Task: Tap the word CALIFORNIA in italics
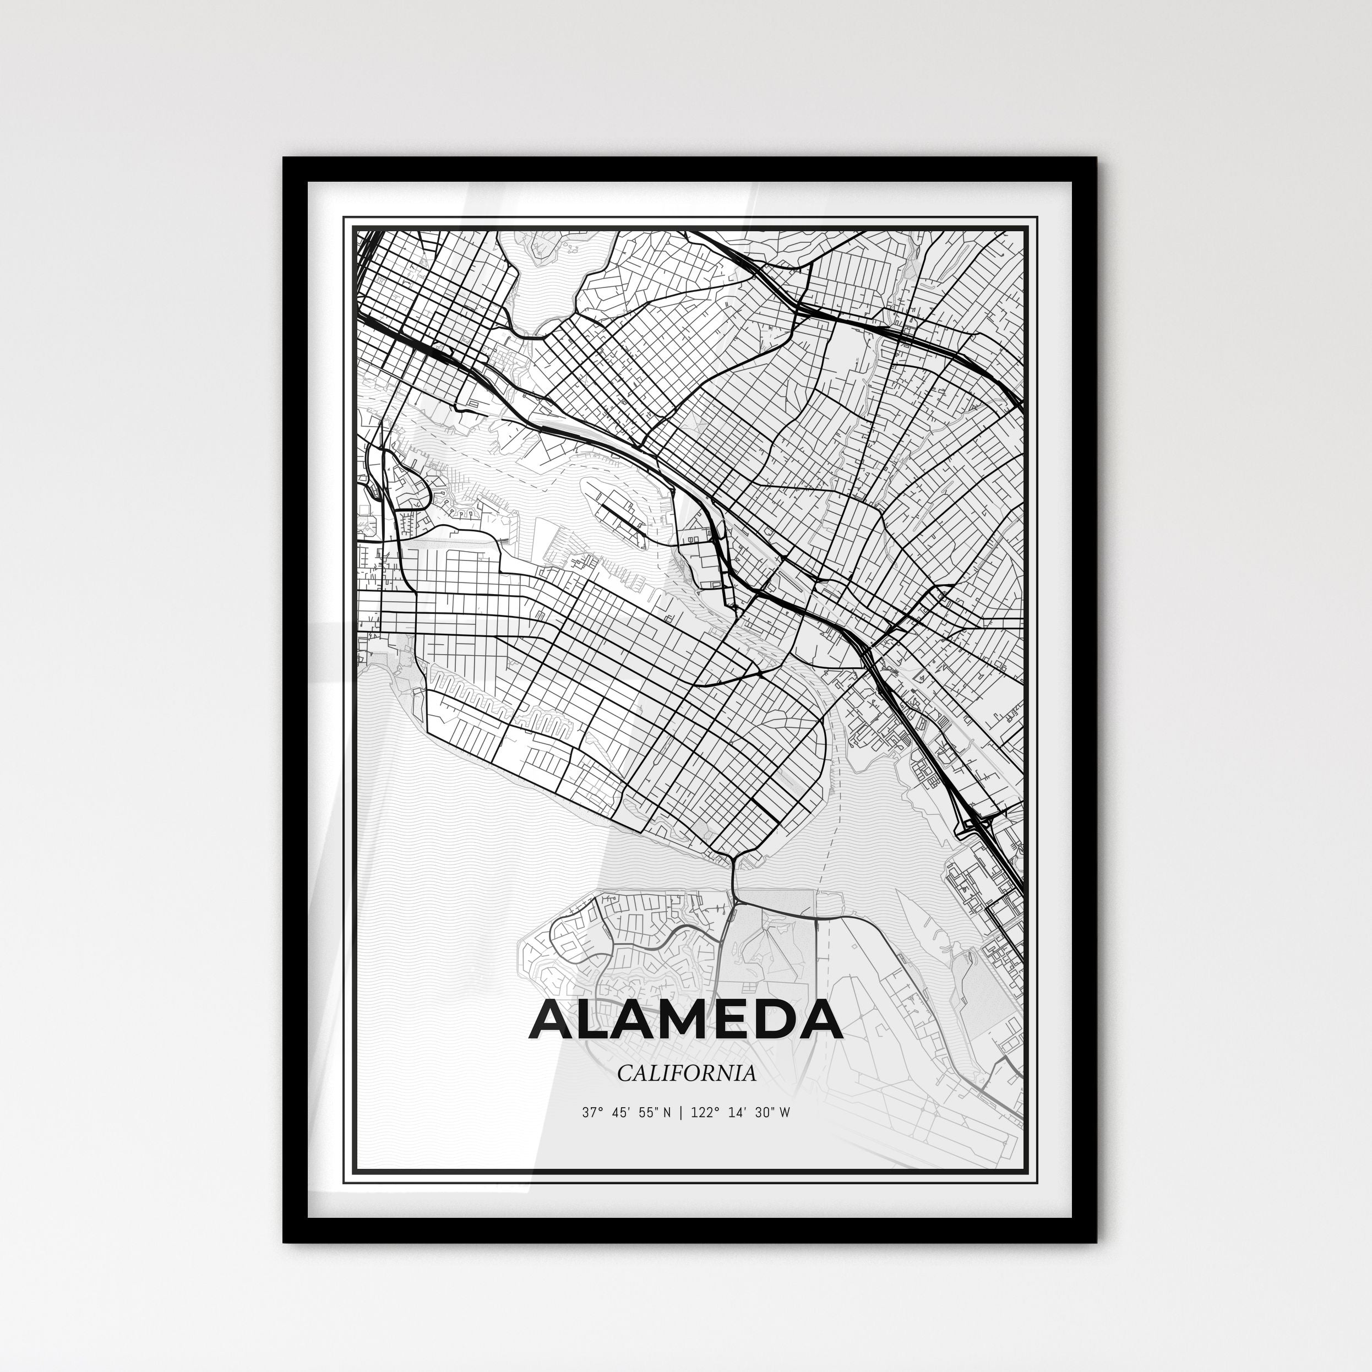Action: pyautogui.click(x=686, y=1073)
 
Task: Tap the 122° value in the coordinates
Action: pyautogui.click(x=703, y=1113)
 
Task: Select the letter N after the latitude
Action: pyautogui.click(x=666, y=1113)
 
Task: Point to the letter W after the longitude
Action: pyautogui.click(x=783, y=1113)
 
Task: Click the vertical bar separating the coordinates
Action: pyautogui.click(x=681, y=1113)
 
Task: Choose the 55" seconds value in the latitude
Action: pyautogui.click(x=647, y=1113)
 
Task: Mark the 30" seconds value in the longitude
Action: pyautogui.click(x=764, y=1113)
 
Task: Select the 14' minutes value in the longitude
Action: pyautogui.click(x=736, y=1113)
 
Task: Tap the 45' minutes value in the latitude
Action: pyautogui.click(x=620, y=1113)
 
